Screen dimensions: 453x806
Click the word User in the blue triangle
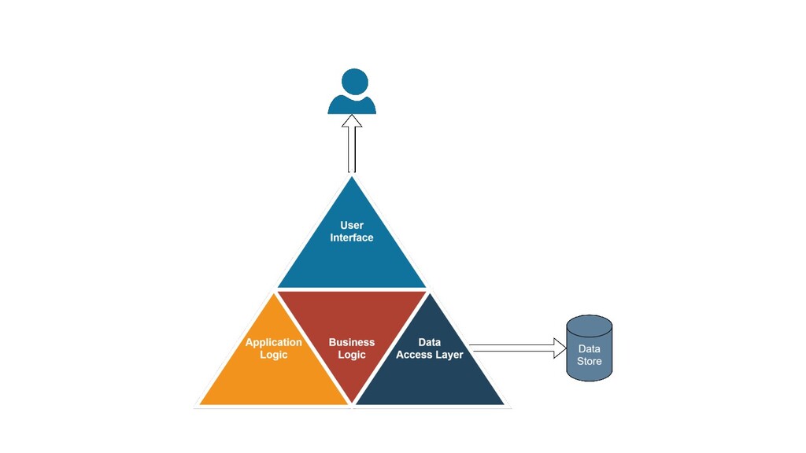click(x=352, y=226)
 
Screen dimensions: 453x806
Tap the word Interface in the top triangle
click(x=352, y=238)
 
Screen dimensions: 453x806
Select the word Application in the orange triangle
click(x=273, y=342)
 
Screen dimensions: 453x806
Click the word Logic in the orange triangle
click(x=273, y=355)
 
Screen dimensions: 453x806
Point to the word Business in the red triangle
click(x=352, y=342)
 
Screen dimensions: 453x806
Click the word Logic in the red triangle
click(x=352, y=355)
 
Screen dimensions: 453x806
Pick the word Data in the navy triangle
click(x=430, y=342)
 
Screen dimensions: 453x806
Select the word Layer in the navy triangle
click(x=449, y=355)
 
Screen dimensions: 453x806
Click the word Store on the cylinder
click(x=590, y=362)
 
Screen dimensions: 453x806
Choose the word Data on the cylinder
click(x=590, y=349)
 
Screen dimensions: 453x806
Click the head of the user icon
click(x=354, y=82)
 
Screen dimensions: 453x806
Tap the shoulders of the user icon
click(x=352, y=105)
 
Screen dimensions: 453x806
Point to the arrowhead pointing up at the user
click(x=352, y=122)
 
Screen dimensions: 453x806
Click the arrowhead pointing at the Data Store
click(x=560, y=347)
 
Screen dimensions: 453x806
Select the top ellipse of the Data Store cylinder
click(x=590, y=324)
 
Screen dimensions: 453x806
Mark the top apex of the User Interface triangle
click(x=352, y=178)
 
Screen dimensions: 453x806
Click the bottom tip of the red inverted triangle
click(x=352, y=403)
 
